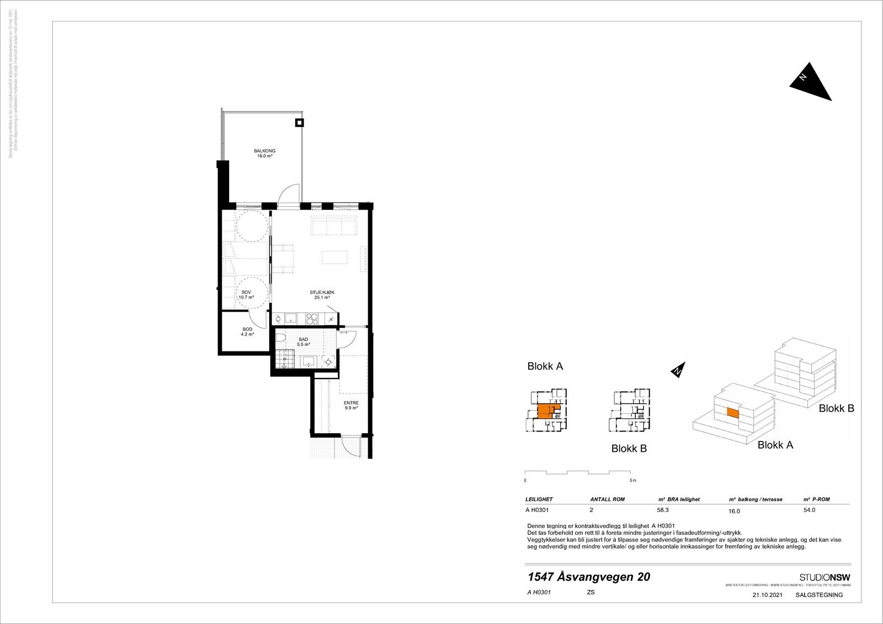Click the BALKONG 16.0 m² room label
pos(264,153)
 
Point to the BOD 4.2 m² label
pos(247,332)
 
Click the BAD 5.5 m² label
pos(304,342)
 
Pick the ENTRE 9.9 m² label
pos(351,406)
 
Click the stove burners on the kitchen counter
pos(312,318)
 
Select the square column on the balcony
pos(299,123)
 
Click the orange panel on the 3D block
pos(732,412)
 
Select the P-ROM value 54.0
pos(809,510)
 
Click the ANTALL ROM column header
pos(607,499)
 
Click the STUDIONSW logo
pos(825,577)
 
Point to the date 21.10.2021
pos(767,595)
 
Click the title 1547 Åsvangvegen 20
pos(589,577)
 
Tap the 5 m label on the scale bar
pos(633,481)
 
